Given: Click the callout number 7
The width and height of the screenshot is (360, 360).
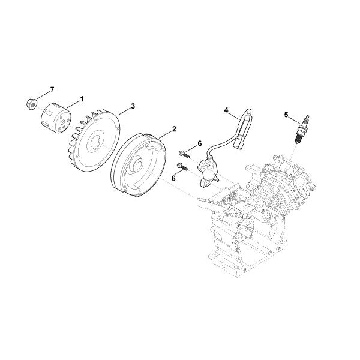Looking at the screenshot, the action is (x=52, y=89).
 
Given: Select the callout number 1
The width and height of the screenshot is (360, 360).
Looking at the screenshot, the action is (x=81, y=99).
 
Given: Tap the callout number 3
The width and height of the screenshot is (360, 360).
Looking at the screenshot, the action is (x=133, y=106).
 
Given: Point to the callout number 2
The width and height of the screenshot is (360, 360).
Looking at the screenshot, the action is (x=174, y=129).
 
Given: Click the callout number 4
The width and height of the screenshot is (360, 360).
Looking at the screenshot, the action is (x=226, y=110).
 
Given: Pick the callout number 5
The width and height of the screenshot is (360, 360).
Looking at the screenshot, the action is (x=286, y=115).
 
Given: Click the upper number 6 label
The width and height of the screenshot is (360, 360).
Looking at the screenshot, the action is (x=200, y=143).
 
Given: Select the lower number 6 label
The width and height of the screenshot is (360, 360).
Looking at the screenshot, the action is (x=173, y=178).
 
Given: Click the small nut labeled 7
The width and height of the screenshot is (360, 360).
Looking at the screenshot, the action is (x=32, y=104).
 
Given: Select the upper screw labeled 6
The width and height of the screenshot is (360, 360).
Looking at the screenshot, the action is (x=184, y=154).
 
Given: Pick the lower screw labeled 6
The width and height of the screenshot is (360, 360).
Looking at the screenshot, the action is (x=182, y=166).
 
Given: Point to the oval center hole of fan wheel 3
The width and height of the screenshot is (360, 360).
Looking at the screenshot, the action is (x=95, y=143).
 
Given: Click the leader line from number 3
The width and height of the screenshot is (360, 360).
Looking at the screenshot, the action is (x=124, y=111).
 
